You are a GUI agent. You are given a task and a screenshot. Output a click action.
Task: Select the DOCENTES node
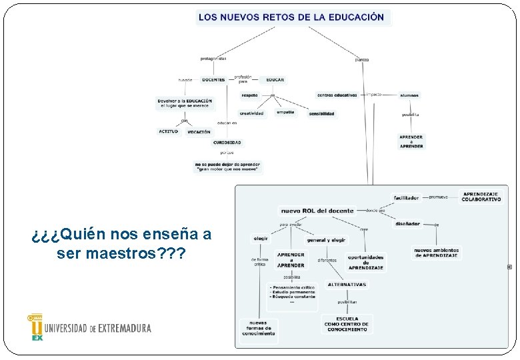(x=213, y=80)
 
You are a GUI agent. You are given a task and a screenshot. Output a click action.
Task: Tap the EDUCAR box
(x=275, y=80)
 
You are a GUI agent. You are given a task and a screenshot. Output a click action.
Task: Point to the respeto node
(x=249, y=95)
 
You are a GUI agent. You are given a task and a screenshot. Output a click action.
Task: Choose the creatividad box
(x=251, y=113)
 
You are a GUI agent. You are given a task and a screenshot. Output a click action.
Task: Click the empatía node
(x=285, y=112)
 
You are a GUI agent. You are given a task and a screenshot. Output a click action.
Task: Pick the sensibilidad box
(x=321, y=114)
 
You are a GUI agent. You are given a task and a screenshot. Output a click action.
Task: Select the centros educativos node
(x=337, y=95)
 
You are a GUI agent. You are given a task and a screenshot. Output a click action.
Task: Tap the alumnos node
(x=409, y=95)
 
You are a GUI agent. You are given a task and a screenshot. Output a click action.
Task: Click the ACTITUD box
(x=169, y=131)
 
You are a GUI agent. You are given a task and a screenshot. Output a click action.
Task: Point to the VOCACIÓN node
(x=199, y=132)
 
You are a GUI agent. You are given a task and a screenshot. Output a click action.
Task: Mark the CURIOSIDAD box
(x=227, y=143)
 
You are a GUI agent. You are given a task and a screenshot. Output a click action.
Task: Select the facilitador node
(x=406, y=197)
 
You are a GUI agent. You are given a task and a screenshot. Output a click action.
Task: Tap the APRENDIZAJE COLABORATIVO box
(x=481, y=197)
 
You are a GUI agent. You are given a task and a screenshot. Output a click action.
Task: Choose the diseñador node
(x=407, y=224)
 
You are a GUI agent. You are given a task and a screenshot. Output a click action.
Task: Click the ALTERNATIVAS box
(x=347, y=285)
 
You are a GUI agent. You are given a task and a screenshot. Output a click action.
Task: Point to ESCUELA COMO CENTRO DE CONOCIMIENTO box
(x=347, y=324)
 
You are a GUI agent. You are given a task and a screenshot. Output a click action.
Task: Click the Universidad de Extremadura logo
(x=89, y=327)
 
